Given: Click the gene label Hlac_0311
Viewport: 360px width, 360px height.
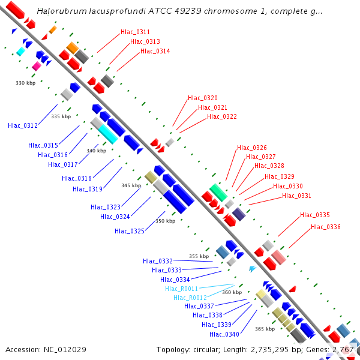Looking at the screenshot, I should [x=136, y=32].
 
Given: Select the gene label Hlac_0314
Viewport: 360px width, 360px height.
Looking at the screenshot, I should [x=155, y=51].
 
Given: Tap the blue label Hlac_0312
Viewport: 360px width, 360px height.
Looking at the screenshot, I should [x=23, y=125].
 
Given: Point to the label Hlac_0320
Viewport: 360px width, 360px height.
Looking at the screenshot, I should [x=203, y=98].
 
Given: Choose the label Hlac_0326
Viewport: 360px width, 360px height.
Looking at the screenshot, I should [x=252, y=148].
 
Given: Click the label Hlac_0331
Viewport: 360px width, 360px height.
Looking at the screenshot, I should [x=297, y=196].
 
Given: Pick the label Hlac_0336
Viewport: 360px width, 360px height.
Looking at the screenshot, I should [x=326, y=227].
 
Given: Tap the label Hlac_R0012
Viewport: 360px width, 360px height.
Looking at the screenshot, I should [x=190, y=298].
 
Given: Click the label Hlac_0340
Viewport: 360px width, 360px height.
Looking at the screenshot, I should [x=224, y=334].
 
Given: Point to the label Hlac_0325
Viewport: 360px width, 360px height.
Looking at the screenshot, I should [x=130, y=230].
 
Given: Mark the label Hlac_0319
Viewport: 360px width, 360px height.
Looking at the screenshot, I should [x=88, y=189].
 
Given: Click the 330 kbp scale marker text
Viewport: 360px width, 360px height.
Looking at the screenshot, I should [x=25, y=83].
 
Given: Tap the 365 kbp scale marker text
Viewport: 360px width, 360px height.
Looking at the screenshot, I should [x=265, y=329].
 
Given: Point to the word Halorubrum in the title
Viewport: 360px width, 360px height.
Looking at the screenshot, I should [x=58, y=11].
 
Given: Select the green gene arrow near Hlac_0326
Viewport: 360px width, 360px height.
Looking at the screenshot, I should [x=218, y=193].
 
